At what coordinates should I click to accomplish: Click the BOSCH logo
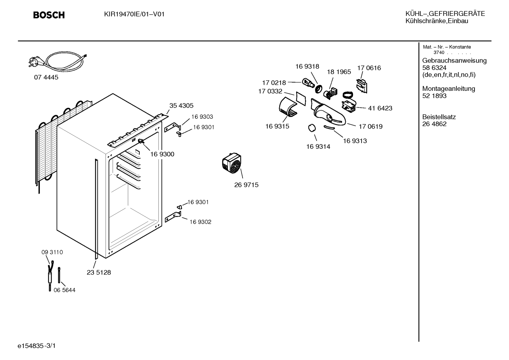click(x=49, y=15)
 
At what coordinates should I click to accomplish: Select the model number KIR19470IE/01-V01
click(x=134, y=14)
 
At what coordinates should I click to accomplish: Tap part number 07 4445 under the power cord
click(x=46, y=77)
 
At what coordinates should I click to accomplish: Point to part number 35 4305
click(x=181, y=106)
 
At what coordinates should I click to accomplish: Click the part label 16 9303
click(x=202, y=117)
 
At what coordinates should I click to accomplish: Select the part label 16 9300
click(x=162, y=154)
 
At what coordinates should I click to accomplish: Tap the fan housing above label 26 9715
click(x=232, y=163)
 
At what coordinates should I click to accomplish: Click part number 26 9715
click(x=246, y=185)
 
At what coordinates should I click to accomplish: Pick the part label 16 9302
click(x=200, y=222)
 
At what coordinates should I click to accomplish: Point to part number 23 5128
click(x=98, y=272)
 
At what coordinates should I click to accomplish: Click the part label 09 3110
click(x=52, y=252)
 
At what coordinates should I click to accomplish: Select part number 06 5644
click(x=64, y=290)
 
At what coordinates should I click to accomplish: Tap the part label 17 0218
click(x=274, y=83)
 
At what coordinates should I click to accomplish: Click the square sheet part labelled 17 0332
click(x=301, y=99)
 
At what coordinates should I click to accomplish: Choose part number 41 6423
click(x=380, y=108)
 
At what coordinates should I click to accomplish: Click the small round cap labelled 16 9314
click(x=312, y=128)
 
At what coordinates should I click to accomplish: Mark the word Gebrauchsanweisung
click(x=454, y=61)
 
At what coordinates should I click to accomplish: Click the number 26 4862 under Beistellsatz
click(x=434, y=124)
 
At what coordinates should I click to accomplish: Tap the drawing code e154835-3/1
click(x=37, y=346)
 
